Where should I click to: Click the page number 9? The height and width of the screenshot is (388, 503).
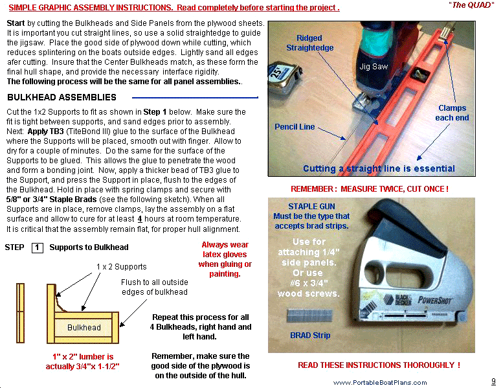(493, 381)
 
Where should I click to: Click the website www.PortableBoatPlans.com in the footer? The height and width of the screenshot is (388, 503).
(380, 383)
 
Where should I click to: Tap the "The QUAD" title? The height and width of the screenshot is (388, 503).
(470, 5)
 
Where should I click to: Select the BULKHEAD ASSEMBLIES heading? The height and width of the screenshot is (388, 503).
(61, 98)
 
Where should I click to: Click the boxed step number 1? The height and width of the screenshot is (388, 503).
(38, 247)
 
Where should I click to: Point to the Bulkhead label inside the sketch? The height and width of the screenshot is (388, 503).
(84, 327)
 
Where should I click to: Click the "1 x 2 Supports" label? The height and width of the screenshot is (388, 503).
(121, 267)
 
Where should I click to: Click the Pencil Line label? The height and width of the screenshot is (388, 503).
(295, 127)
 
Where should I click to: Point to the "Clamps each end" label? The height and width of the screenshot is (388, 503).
(452, 113)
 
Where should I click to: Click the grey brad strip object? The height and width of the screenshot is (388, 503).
(309, 315)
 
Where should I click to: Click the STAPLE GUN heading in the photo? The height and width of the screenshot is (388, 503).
(311, 207)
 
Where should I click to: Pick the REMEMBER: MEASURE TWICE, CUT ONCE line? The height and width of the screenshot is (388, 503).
(369, 189)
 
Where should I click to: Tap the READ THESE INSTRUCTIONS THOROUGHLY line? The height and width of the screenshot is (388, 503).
(379, 365)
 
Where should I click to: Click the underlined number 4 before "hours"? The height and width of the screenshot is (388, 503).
(140, 219)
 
